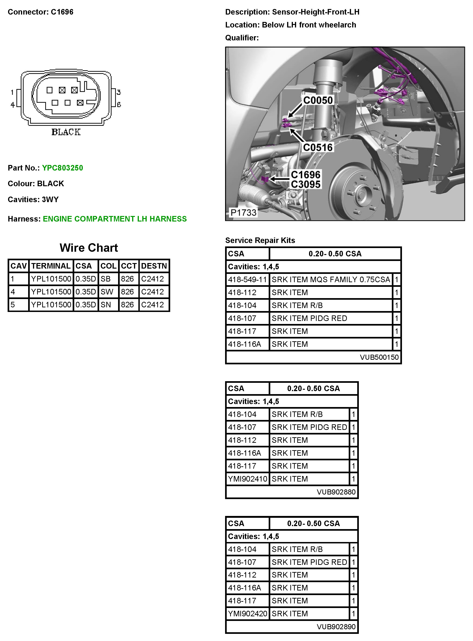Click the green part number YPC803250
point(62,168)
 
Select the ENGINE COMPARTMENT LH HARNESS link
point(115,219)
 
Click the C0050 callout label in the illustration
point(318,100)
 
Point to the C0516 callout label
point(318,147)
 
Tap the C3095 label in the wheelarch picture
point(306,184)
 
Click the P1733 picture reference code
point(243,213)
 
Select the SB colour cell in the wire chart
point(106,279)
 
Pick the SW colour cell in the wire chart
point(107,292)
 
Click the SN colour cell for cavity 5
point(106,304)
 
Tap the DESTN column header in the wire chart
point(154,266)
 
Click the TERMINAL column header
point(51,266)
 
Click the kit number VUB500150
point(379,357)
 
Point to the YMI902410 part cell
point(247,479)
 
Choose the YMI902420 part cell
point(247,614)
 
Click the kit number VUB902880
point(336,492)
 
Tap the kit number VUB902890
point(336,627)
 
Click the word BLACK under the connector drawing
point(66,132)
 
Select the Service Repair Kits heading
point(260,240)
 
